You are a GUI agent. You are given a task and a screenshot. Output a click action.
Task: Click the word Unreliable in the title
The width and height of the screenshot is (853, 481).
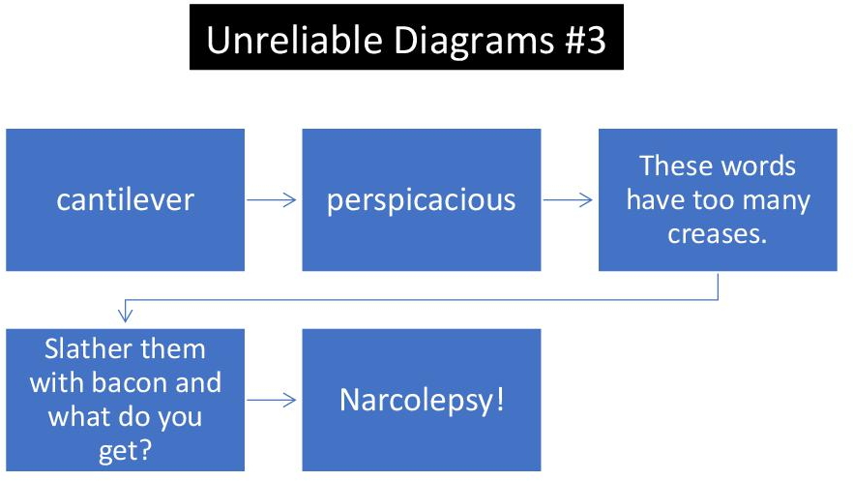[294, 40]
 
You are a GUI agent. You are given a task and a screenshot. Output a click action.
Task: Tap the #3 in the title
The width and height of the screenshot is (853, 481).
[585, 40]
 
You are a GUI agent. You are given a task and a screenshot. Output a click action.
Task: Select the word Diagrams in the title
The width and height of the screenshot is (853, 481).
[474, 42]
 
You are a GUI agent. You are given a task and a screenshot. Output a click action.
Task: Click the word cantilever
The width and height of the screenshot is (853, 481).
[125, 199]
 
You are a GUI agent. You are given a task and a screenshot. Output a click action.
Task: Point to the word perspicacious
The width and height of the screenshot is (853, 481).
[421, 200]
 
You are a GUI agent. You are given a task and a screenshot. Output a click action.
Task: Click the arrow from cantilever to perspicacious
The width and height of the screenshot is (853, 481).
[271, 199]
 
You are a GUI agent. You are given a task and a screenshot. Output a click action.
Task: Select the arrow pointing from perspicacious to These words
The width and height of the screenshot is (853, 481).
[568, 199]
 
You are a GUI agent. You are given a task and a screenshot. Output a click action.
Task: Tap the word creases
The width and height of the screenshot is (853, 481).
[717, 234]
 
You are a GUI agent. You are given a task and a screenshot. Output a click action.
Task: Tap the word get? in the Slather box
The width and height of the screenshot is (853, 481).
[125, 452]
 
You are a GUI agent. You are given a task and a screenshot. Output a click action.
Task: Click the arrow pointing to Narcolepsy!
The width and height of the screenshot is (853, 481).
[271, 400]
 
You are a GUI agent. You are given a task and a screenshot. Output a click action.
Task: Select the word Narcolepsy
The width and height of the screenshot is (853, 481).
[417, 402]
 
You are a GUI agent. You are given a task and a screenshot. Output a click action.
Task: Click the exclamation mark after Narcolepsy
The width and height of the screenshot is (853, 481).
[501, 400]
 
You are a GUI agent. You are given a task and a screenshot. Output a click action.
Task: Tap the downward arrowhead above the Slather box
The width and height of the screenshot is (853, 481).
[125, 315]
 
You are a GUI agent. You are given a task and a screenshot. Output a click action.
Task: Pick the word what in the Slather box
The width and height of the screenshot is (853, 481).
[77, 417]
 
